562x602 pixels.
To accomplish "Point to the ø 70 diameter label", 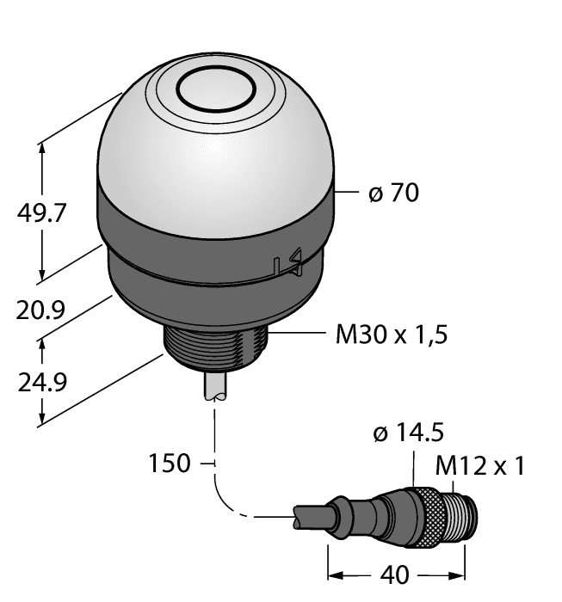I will [393, 193].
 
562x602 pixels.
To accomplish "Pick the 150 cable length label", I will [170, 464].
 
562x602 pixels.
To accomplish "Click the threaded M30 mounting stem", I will [216, 353].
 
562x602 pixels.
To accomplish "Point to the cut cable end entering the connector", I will [310, 519].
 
